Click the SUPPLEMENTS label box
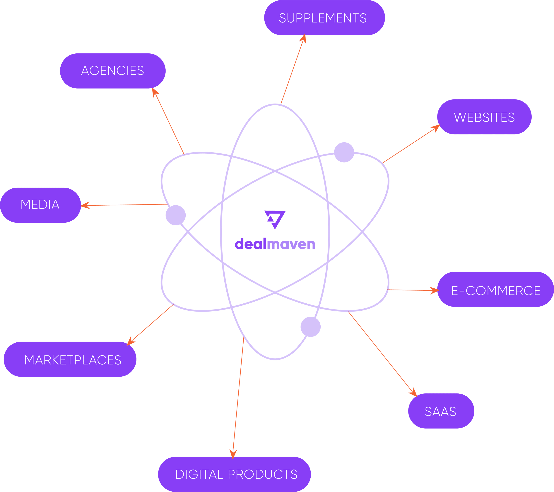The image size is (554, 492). tap(324, 18)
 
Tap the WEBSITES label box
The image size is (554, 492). tap(484, 117)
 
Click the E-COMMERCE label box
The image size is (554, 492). tap(495, 291)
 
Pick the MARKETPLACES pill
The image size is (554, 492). tap(70, 360)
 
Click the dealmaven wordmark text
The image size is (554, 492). tap(275, 244)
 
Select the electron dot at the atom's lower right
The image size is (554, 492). tap(310, 327)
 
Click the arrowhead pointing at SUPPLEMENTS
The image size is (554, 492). tap(303, 38)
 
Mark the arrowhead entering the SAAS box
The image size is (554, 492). tap(413, 393)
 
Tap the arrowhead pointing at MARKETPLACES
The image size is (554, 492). tap(131, 341)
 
